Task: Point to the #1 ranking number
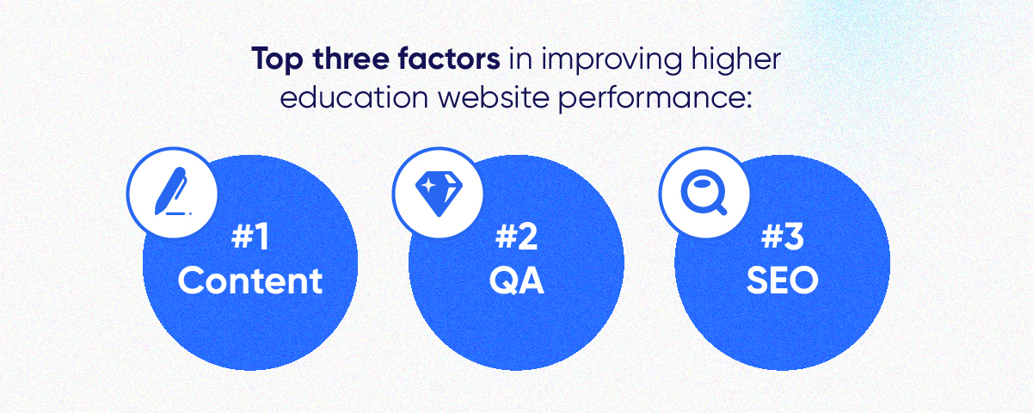click(x=250, y=237)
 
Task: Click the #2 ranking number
click(x=516, y=237)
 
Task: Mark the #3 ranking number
click(x=782, y=237)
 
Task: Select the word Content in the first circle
click(x=250, y=280)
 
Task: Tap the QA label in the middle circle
click(x=516, y=280)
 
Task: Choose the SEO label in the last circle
click(x=782, y=280)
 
